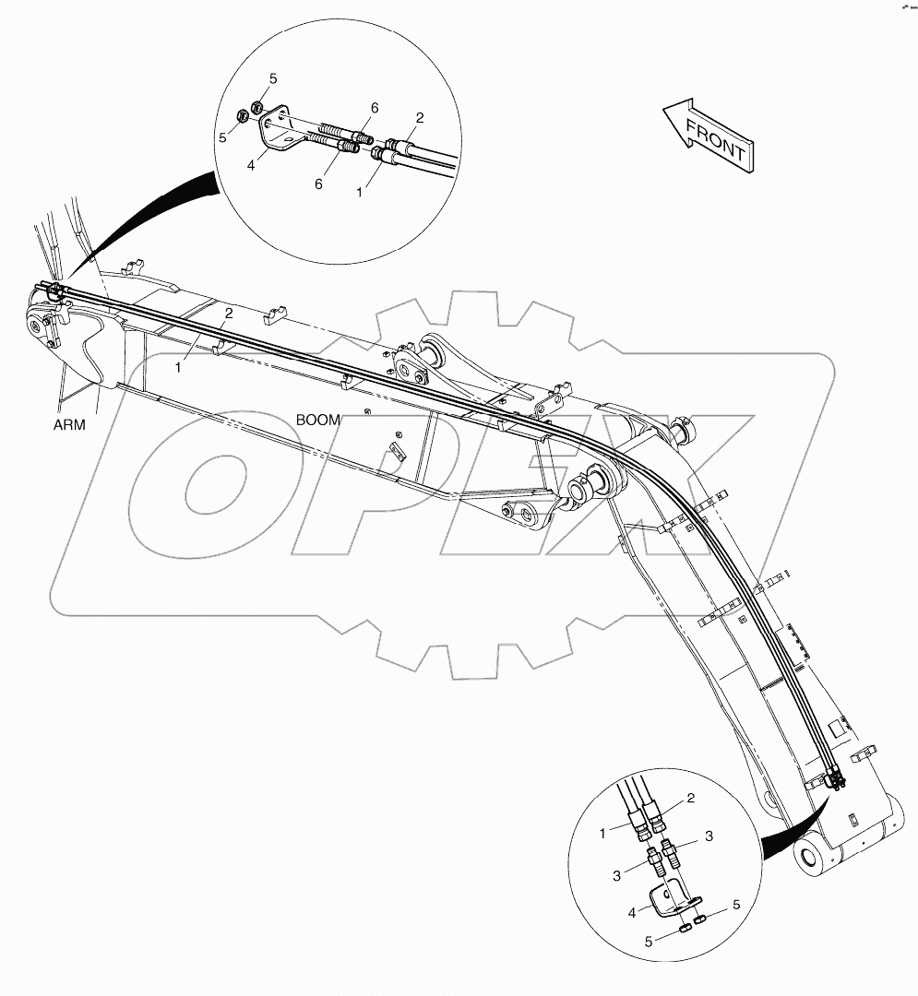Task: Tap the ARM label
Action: (69, 426)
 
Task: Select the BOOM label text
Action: (318, 420)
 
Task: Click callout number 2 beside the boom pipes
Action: (228, 314)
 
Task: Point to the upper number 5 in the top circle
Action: (273, 78)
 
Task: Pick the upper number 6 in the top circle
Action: (375, 108)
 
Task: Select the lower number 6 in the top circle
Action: (319, 184)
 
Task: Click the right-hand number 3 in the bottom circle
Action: (709, 836)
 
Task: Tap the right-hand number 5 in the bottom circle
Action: (736, 905)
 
